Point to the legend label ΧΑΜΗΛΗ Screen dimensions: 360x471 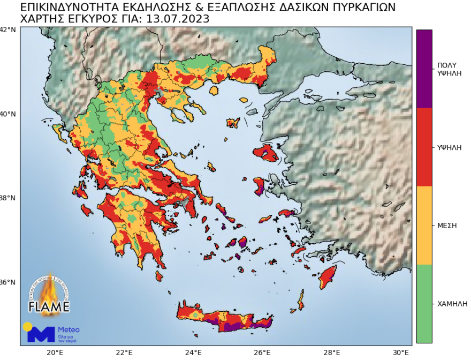click(x=450, y=304)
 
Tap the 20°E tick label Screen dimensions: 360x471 click(x=55, y=352)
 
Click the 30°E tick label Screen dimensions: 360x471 click(x=401, y=352)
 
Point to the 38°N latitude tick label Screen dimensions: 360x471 click(x=8, y=198)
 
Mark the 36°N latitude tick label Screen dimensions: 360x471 click(x=8, y=282)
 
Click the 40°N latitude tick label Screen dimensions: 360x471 click(x=8, y=114)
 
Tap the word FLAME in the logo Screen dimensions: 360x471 click(x=49, y=307)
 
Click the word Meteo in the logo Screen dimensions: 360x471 click(x=69, y=329)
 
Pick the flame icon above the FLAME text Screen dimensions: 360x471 click(x=49, y=289)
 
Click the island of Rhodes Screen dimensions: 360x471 click(x=328, y=277)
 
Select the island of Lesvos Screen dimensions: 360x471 click(x=266, y=154)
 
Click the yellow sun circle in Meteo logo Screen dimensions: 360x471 click(x=27, y=326)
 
